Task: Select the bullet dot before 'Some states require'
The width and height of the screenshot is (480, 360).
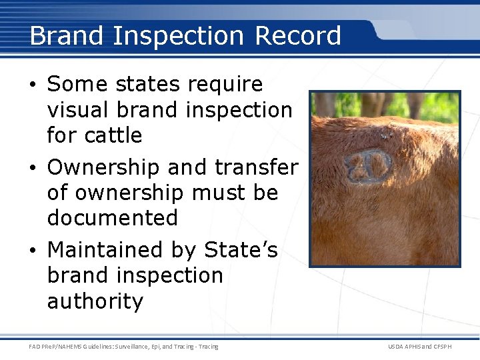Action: (x=35, y=85)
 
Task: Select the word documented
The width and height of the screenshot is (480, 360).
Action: (x=113, y=218)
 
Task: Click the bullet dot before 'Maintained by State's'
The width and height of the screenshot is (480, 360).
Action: (x=35, y=250)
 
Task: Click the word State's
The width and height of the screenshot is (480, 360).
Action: (x=241, y=250)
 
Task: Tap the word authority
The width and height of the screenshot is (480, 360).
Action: (x=95, y=301)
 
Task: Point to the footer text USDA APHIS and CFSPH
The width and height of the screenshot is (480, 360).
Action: (x=419, y=347)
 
